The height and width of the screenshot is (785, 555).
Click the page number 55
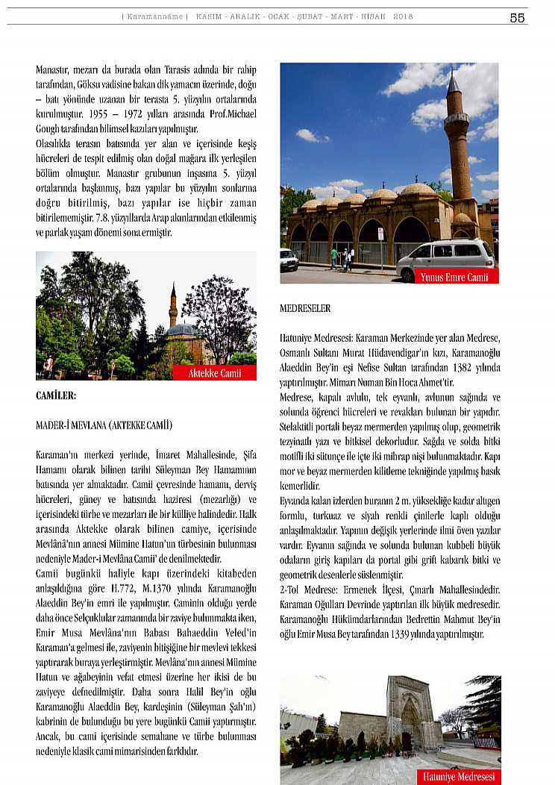click(x=517, y=18)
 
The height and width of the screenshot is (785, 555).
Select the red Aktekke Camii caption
click(x=214, y=373)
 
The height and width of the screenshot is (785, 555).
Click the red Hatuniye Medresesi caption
click(x=458, y=776)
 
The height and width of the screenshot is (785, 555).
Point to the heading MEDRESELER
click(x=305, y=308)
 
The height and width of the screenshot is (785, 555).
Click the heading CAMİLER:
click(x=56, y=395)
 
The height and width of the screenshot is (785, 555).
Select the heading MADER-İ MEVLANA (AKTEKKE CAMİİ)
click(x=104, y=425)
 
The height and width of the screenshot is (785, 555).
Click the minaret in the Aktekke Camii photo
click(x=173, y=306)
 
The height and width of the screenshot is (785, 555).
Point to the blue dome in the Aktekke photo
click(x=182, y=330)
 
